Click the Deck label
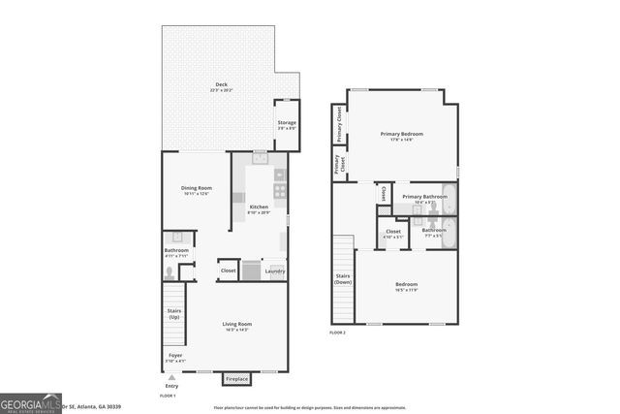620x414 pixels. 220,86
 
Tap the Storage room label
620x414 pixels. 287,123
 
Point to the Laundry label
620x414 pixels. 274,271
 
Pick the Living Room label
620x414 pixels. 236,325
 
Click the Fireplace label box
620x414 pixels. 236,378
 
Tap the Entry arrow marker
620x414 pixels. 172,377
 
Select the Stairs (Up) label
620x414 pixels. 174,314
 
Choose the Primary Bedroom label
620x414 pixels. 402,135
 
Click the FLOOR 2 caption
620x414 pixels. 337,333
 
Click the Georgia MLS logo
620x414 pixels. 30,403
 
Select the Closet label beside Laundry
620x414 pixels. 229,271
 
